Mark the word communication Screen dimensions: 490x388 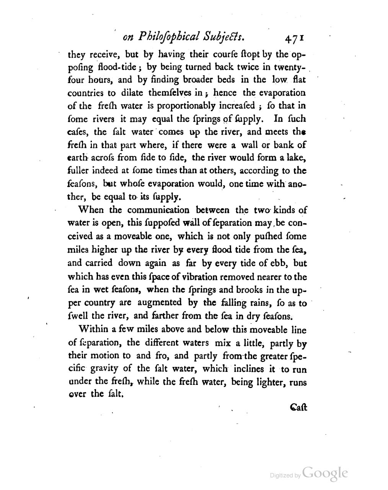click(x=158, y=210)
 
